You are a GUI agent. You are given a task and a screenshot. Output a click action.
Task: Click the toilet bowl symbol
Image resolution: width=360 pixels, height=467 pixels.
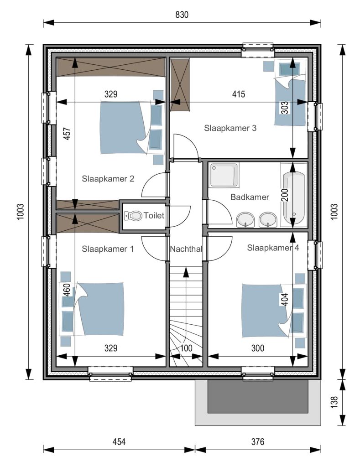coord(133,216)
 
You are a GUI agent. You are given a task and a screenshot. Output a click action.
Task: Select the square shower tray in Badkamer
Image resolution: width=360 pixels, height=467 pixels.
coord(224,175)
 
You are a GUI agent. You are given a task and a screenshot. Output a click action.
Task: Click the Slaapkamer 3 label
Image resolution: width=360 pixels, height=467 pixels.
coord(230,128)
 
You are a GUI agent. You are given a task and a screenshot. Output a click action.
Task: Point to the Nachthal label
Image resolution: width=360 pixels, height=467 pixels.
coord(186,249)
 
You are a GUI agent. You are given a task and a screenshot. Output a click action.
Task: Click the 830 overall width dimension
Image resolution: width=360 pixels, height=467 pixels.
coord(182,15)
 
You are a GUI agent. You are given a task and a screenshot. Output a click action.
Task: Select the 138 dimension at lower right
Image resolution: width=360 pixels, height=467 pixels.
coord(334,402)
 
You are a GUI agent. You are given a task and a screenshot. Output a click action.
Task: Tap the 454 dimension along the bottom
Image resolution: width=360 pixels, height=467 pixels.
coord(119,441)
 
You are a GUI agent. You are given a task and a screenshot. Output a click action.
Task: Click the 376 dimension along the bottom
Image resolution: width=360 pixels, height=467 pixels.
coord(257,441)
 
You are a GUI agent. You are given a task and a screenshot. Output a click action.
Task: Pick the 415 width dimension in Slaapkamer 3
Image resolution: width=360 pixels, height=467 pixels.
coord(239,94)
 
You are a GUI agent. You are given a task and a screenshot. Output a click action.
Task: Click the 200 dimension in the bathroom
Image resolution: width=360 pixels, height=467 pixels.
coord(285,195)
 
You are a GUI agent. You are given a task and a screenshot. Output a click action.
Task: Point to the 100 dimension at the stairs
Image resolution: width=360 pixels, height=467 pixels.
coord(186,348)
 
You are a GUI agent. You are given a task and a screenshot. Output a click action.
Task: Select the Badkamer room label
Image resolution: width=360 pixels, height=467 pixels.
coord(250,197)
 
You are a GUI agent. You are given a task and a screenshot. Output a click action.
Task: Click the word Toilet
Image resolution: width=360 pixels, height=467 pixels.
coord(154,215)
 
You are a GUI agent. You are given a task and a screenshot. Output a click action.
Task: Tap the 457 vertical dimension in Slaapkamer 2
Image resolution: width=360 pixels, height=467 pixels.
coord(67,134)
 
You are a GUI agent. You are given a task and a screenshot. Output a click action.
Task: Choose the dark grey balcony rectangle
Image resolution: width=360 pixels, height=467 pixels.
coord(258,396)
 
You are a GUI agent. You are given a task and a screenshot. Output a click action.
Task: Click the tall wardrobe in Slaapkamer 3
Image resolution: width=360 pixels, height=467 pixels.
coord(180,85)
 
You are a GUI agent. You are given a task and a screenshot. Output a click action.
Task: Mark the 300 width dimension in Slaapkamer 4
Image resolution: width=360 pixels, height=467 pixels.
coord(257,348)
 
